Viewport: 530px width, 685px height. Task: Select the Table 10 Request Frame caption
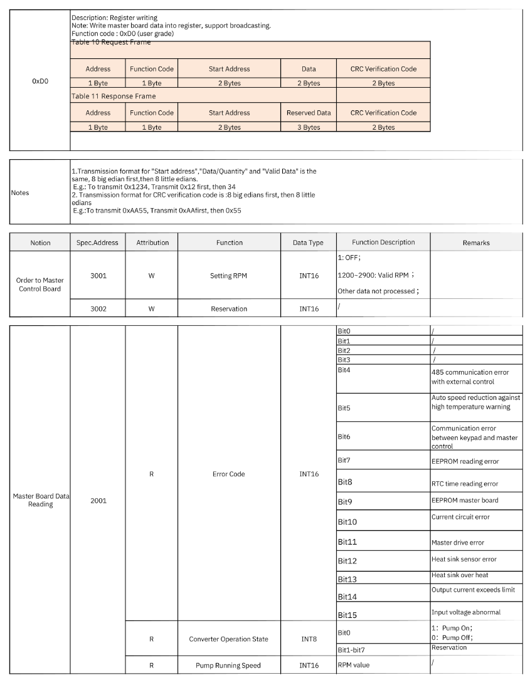[110, 42]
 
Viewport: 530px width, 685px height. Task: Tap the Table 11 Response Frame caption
[114, 96]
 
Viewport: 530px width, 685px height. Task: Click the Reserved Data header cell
[309, 113]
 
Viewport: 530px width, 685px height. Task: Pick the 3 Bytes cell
[309, 127]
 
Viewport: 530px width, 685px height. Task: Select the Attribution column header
[152, 243]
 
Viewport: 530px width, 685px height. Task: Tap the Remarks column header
[475, 243]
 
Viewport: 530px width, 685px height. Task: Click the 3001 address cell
[97, 275]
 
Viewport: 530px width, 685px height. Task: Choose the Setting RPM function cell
[229, 275]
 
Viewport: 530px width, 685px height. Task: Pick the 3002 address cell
[97, 308]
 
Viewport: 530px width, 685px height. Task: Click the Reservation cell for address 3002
[229, 308]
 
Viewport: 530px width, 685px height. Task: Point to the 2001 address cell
[97, 501]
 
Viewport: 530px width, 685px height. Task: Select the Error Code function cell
[229, 474]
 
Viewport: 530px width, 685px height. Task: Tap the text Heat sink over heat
[460, 575]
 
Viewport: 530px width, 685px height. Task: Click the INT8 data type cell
[308, 639]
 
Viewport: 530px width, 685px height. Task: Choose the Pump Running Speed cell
[229, 665]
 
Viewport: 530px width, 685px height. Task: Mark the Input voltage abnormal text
[465, 612]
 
